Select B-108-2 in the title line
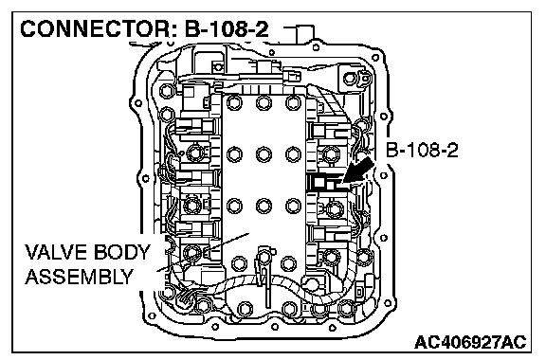(x=227, y=29)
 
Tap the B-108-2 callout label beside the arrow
(x=422, y=150)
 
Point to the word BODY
(x=121, y=252)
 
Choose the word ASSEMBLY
(x=80, y=277)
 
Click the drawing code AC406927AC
(x=470, y=342)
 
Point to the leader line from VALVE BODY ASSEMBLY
(x=203, y=252)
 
